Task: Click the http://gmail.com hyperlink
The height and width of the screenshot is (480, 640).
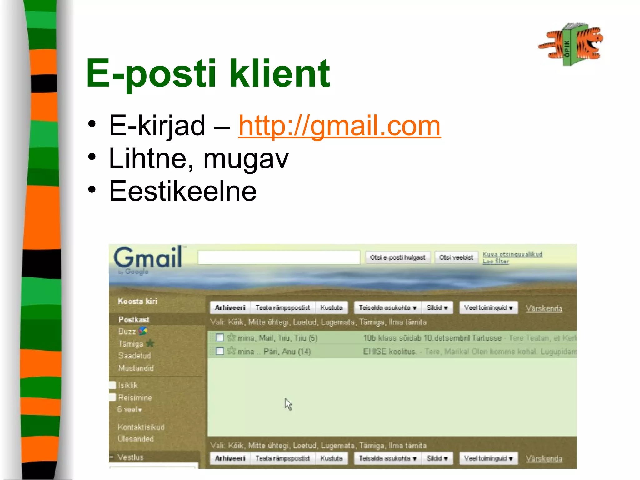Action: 339,126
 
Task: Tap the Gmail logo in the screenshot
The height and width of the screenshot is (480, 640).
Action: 147,258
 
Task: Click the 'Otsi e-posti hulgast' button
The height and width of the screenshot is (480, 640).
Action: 397,257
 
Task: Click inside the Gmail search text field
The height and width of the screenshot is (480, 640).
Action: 279,257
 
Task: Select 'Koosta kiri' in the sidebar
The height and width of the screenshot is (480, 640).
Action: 137,301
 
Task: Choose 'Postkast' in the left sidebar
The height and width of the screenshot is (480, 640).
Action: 134,319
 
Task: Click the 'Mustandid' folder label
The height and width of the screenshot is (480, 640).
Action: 136,368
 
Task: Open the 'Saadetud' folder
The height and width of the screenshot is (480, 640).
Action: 134,356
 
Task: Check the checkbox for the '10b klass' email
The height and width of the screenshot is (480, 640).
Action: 220,337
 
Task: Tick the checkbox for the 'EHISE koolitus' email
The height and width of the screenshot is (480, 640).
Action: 220,351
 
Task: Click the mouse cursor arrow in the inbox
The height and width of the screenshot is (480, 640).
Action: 288,404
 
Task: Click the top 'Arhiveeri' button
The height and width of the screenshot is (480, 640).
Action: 230,308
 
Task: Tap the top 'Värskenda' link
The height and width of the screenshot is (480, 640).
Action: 544,308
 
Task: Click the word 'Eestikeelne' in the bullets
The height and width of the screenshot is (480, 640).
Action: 183,191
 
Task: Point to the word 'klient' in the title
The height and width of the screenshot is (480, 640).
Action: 280,74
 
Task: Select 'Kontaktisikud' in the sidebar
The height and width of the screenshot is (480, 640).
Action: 141,427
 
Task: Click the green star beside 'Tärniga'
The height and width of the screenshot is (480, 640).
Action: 150,343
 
